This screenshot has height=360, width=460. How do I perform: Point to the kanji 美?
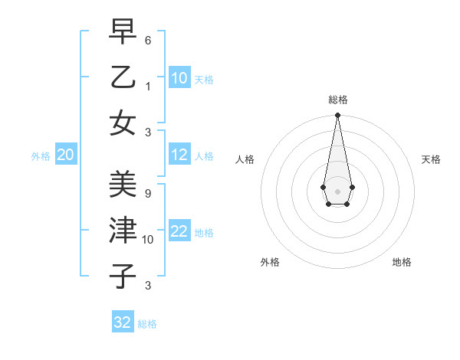pos(123,185)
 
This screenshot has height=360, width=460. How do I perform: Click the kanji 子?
pos(123,276)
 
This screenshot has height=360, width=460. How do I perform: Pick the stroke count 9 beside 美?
pos(148,193)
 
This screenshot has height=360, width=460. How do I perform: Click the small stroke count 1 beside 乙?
pos(148,86)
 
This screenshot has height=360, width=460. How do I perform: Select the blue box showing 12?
pos(179,155)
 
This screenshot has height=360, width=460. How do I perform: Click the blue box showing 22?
pos(179,232)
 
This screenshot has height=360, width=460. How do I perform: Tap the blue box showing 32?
pos(123,322)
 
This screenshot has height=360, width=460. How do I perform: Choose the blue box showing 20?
pos(66,155)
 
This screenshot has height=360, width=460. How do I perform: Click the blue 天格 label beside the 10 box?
pos(204,79)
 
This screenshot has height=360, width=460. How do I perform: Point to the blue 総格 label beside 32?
pos(147,324)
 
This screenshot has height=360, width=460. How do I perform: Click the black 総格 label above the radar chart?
pos(337,100)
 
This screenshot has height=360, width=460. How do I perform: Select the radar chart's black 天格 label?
pos(431,159)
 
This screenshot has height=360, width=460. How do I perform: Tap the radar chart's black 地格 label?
pos(402,262)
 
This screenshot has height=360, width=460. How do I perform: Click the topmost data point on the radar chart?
pos(337,116)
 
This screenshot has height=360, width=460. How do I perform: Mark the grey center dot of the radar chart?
pos(337,191)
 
